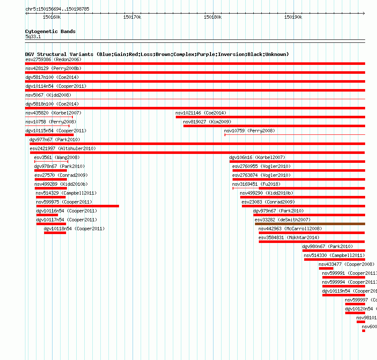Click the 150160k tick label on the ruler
[52, 17]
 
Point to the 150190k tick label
[293, 17]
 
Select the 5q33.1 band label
[33, 36]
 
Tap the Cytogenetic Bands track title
[50, 31]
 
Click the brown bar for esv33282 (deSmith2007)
[310, 224]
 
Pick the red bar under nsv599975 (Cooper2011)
[78, 206]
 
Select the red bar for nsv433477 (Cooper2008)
[326, 268]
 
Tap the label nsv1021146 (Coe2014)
[201, 113]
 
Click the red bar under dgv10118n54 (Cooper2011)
[55, 233]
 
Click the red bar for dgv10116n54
[47, 215]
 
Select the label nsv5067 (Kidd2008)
[48, 95]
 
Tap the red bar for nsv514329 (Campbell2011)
[51, 197]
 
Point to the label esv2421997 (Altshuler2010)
[63, 148]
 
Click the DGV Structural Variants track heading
[157, 54]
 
